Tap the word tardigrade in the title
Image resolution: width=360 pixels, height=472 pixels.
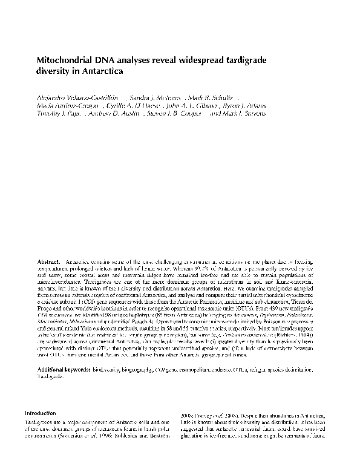[x=246, y=62]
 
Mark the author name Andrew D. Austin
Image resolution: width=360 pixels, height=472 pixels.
[x=117, y=113]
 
